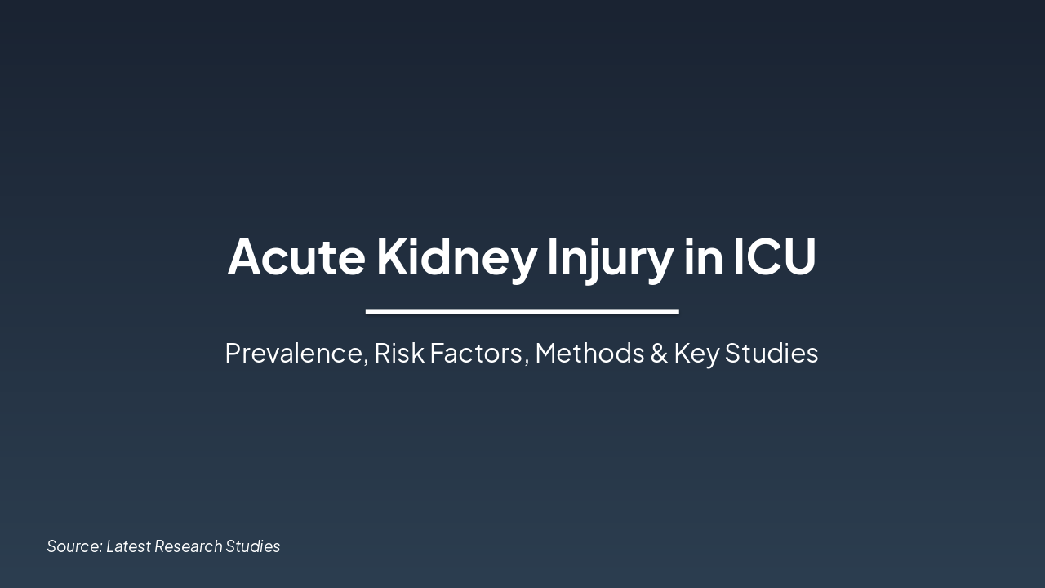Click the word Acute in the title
click(296, 256)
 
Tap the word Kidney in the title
click(456, 256)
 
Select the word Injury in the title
click(610, 256)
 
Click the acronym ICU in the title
click(774, 256)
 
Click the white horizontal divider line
click(522, 311)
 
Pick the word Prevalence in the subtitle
click(296, 353)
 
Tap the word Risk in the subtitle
click(398, 353)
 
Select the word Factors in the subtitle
click(478, 353)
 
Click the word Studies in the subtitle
click(772, 353)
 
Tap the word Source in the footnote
click(74, 546)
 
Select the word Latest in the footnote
click(128, 546)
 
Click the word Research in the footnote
click(188, 546)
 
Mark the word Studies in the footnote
click(253, 546)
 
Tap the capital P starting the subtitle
click(233, 353)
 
